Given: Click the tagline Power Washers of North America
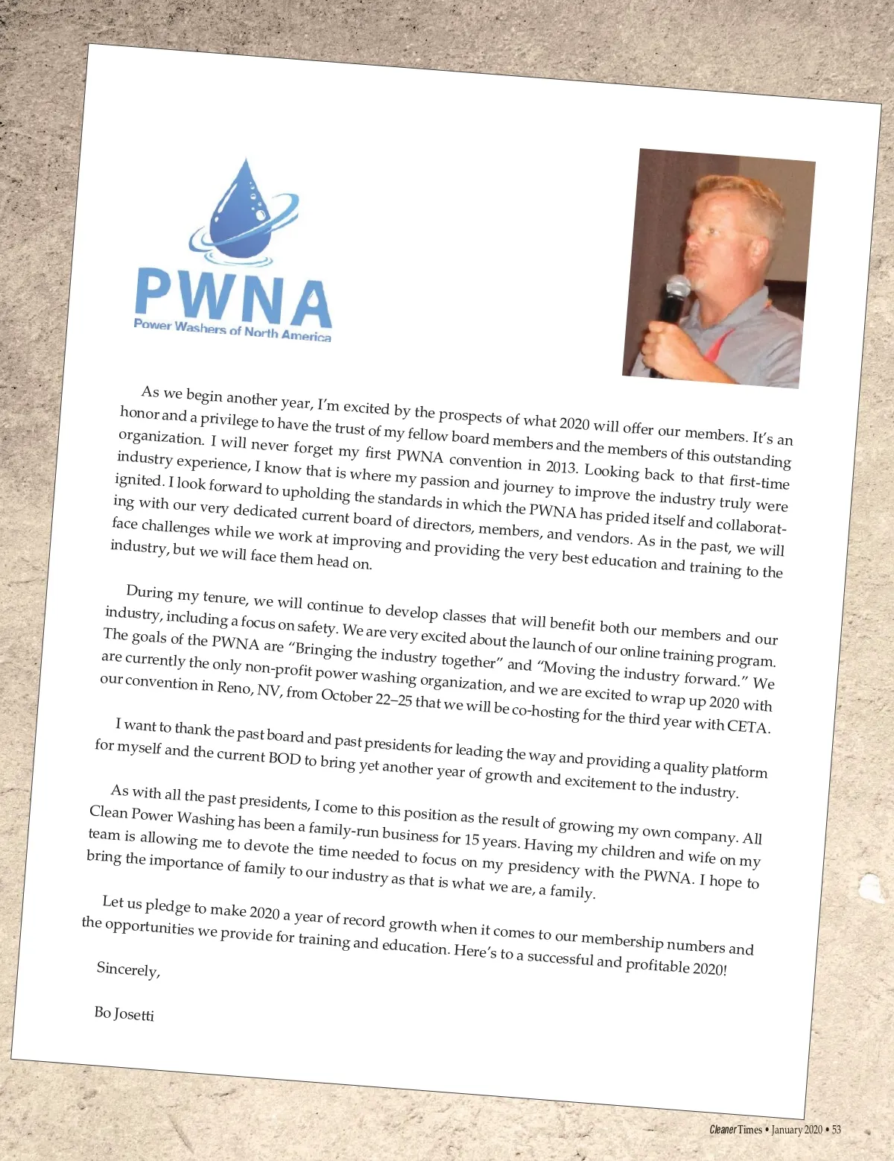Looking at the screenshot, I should [232, 330].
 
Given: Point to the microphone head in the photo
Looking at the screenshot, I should [678, 287].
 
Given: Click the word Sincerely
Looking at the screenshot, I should [128, 969].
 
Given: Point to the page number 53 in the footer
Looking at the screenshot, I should [837, 1130].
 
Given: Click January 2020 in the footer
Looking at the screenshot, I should [796, 1130].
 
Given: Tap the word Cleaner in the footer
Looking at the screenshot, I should [723, 1130].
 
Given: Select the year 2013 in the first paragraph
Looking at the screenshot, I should [561, 466].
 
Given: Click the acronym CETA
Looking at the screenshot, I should [748, 726].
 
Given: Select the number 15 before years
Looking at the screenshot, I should [472, 839].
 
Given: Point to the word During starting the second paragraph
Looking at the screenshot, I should [150, 592].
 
